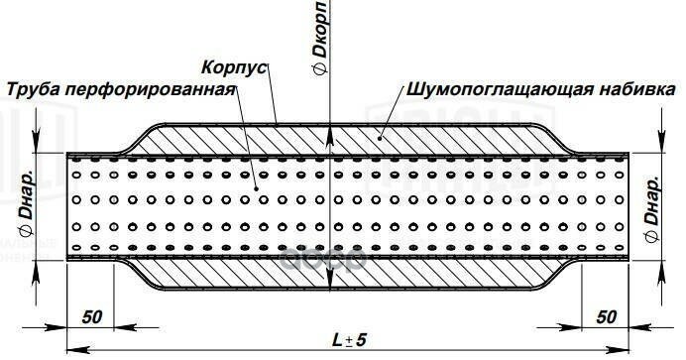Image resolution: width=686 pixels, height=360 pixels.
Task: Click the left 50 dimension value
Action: click(92, 317)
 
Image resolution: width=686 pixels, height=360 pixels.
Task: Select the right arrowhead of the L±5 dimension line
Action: click(627, 350)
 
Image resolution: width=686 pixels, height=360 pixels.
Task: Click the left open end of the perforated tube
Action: click(67, 204)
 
